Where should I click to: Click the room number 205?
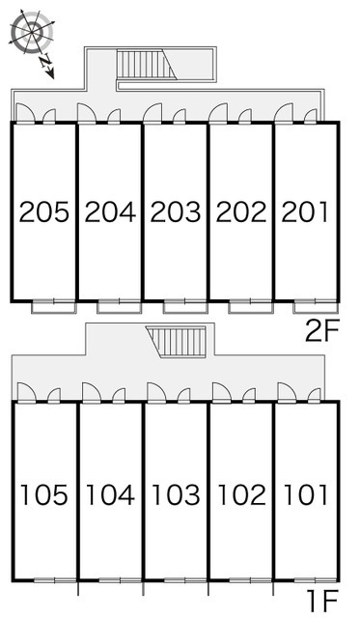tap(44, 211)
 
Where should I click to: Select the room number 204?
tap(110, 211)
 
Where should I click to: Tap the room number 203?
tap(176, 211)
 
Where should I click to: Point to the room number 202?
tap(241, 211)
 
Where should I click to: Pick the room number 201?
tap(305, 211)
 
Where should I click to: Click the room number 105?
tap(44, 494)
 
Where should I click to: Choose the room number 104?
tap(110, 494)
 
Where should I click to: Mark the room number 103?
tap(176, 494)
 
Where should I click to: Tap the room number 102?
tap(242, 494)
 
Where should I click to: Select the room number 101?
tap(306, 494)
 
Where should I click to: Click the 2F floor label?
tap(321, 332)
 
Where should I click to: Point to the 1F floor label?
tap(323, 602)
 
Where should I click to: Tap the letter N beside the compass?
tap(45, 61)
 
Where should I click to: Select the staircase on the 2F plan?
tap(147, 64)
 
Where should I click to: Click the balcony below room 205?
tap(54, 307)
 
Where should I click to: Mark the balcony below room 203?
tap(185, 307)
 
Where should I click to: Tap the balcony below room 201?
tap(316, 307)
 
